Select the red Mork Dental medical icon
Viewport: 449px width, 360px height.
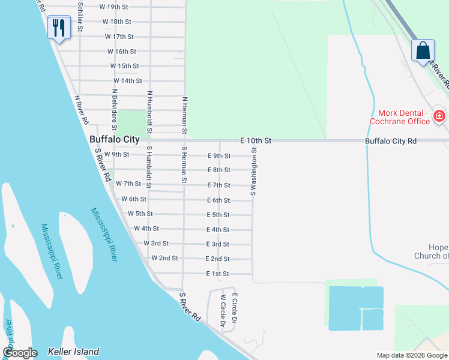click(439, 116)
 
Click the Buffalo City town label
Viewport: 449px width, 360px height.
click(114, 139)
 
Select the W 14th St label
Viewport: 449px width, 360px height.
click(127, 81)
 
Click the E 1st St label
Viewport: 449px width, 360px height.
click(217, 274)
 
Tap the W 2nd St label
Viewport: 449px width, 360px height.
click(164, 259)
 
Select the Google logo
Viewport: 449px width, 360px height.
click(20, 353)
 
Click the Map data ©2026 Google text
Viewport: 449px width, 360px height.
click(411, 355)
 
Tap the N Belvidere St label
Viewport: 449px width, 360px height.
click(113, 110)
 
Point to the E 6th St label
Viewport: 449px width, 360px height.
click(218, 201)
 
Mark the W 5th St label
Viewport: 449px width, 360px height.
click(140, 214)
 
